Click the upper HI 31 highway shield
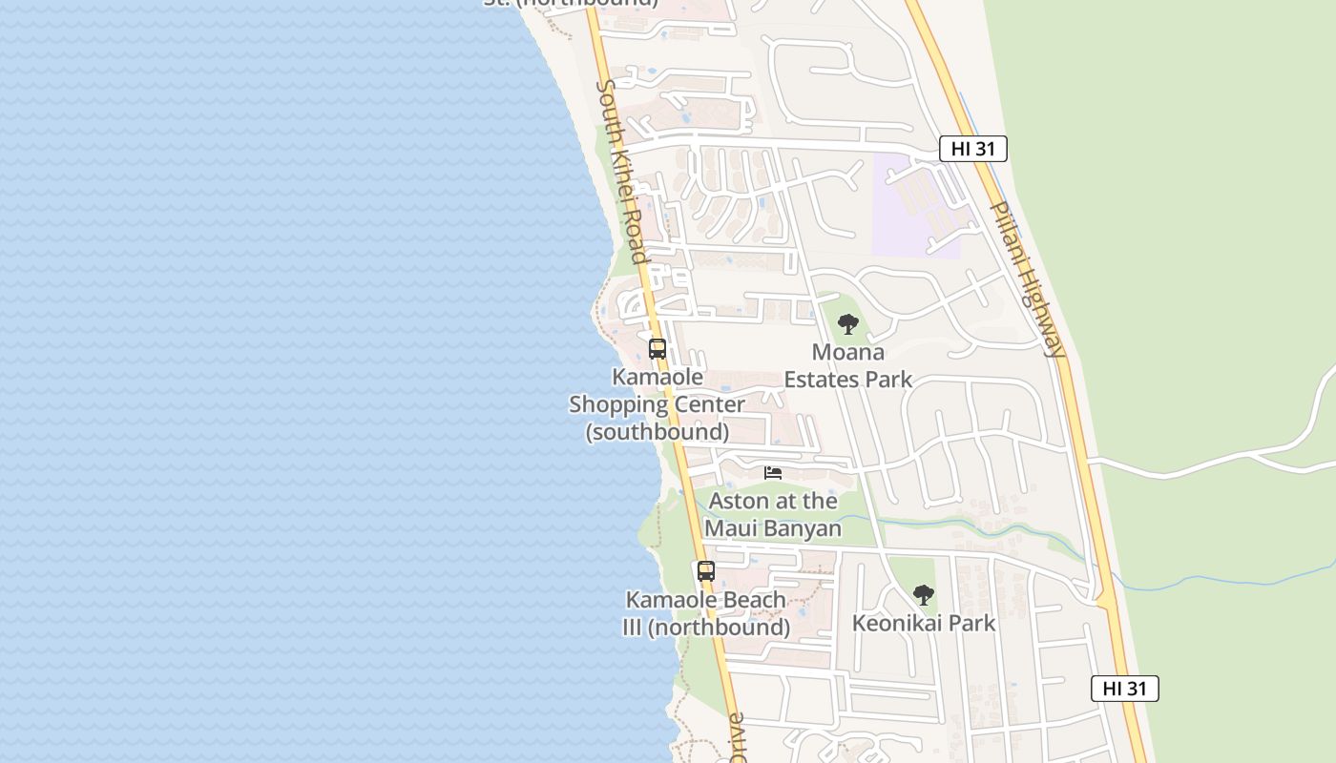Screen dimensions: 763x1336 point(972,149)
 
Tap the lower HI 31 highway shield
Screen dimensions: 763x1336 point(1124,689)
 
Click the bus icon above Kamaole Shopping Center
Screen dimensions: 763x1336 point(658,349)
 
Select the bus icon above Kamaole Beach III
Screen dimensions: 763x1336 point(706,571)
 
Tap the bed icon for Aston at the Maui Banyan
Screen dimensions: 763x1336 point(773,473)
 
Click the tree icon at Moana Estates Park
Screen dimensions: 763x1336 point(847,324)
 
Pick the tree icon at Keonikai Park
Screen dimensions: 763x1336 point(923,595)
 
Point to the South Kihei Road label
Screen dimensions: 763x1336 point(623,172)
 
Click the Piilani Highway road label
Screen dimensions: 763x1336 point(1027,278)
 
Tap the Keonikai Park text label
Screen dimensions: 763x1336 point(923,624)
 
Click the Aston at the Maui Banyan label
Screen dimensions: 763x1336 point(773,515)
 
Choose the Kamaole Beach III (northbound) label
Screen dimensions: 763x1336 point(706,614)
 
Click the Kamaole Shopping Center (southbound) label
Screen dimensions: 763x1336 point(658,404)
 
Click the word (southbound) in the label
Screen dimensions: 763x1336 point(658,432)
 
